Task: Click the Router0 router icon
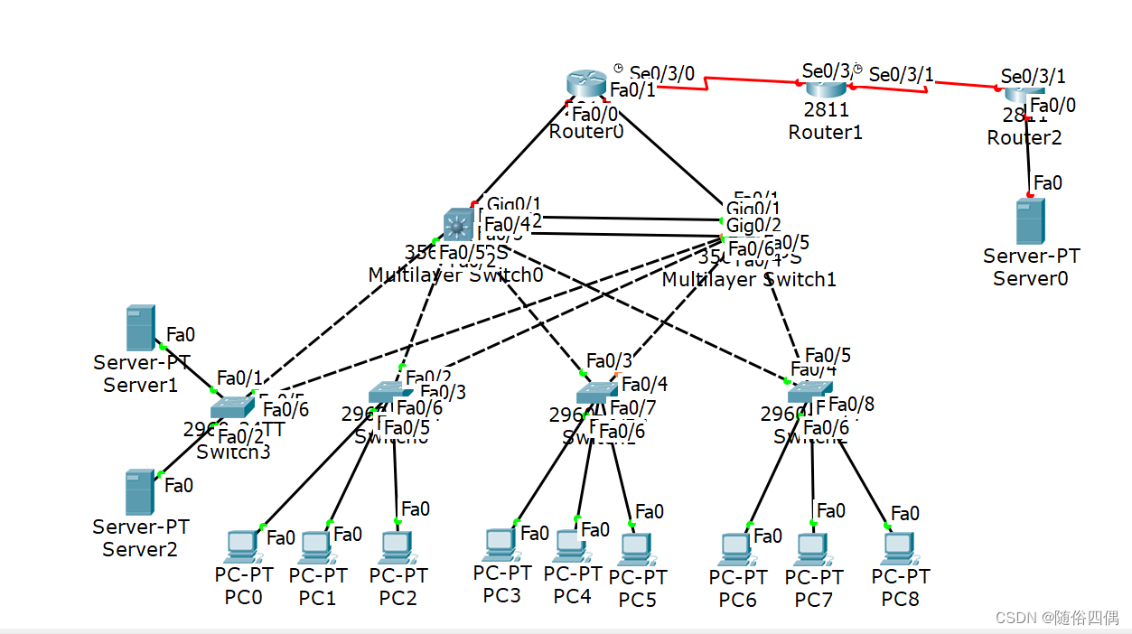tap(586, 83)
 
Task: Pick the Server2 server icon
tap(139, 492)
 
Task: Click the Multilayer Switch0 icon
tap(458, 224)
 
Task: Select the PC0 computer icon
tap(241, 545)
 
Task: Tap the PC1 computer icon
tap(314, 546)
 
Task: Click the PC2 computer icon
tap(394, 546)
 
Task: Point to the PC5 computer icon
tap(636, 548)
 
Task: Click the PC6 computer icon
tap(736, 548)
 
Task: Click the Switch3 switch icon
tap(233, 408)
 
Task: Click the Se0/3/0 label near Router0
tap(661, 73)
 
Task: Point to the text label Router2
tap(1024, 138)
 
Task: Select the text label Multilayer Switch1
tap(749, 279)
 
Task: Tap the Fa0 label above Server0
tap(1047, 183)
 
